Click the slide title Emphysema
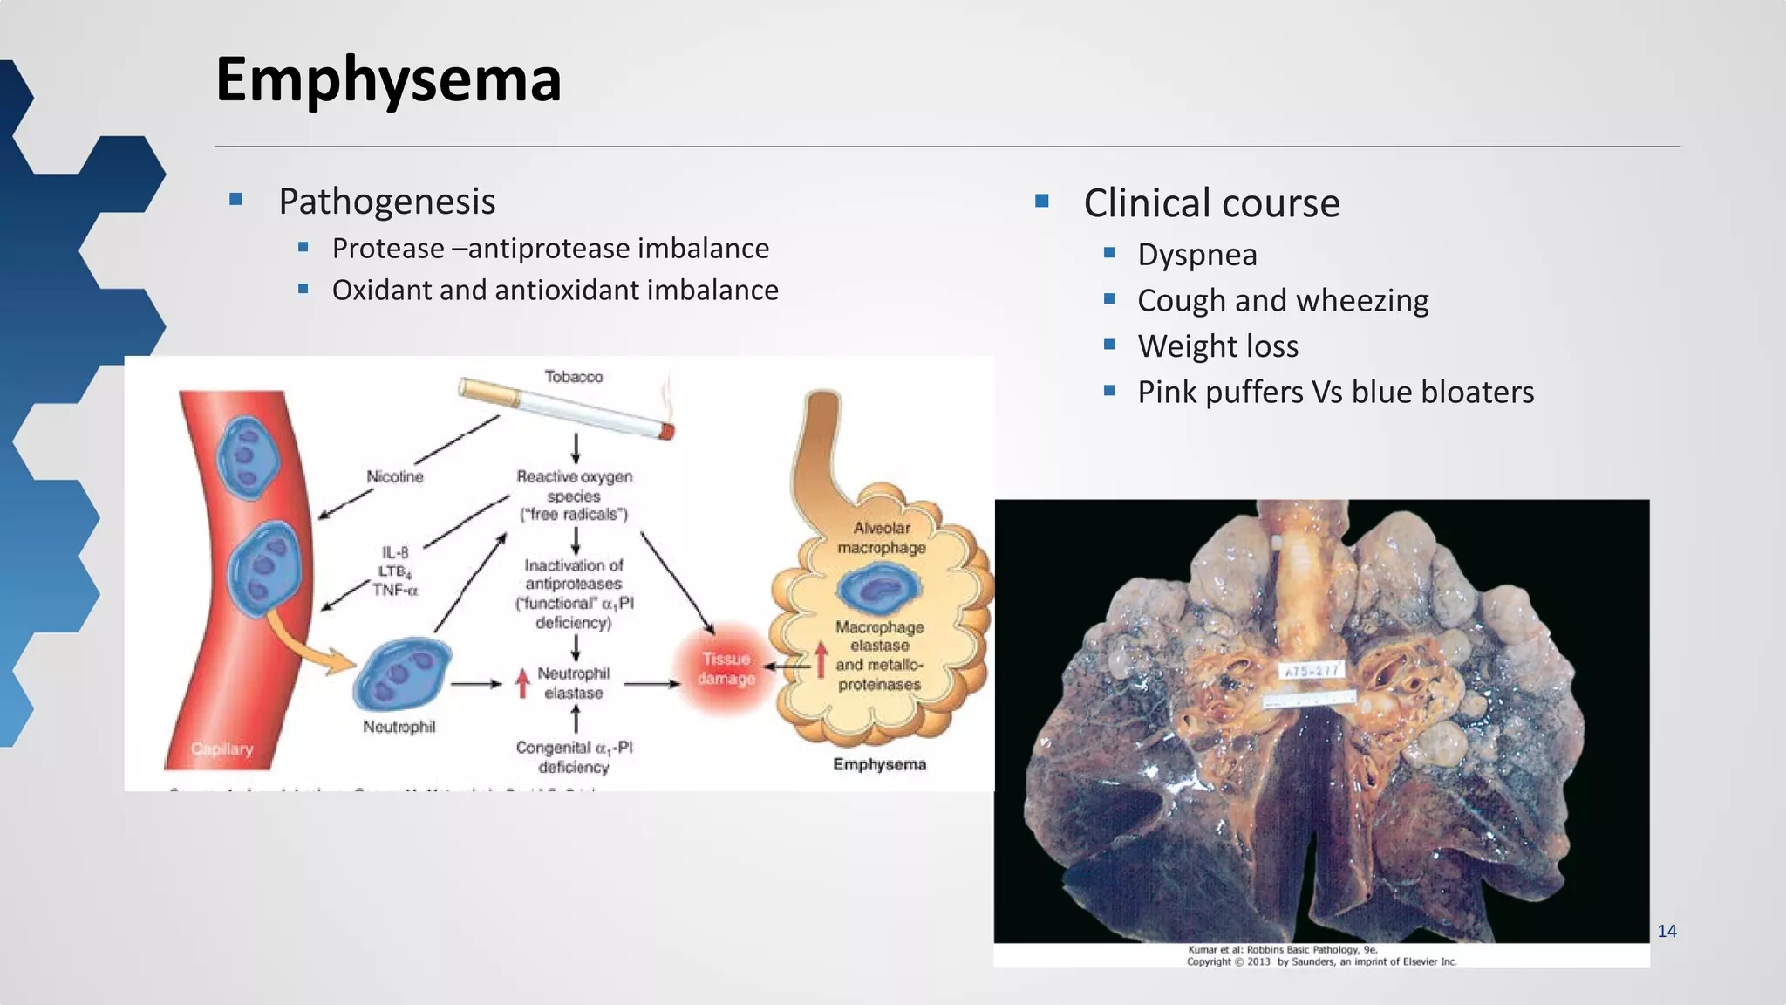point(388,80)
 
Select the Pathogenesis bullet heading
point(386,202)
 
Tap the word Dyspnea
point(1196,255)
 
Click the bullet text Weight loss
point(1217,346)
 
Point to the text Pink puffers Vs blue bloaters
point(1335,393)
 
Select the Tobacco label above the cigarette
point(573,377)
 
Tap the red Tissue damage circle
point(726,669)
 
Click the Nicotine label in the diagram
point(394,477)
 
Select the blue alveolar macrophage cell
point(878,590)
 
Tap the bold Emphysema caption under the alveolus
point(879,765)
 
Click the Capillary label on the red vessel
point(222,749)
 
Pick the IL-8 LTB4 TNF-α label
point(395,571)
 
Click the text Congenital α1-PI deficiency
point(574,757)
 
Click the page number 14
point(1667,932)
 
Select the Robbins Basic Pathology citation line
point(1282,950)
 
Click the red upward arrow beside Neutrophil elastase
point(522,682)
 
